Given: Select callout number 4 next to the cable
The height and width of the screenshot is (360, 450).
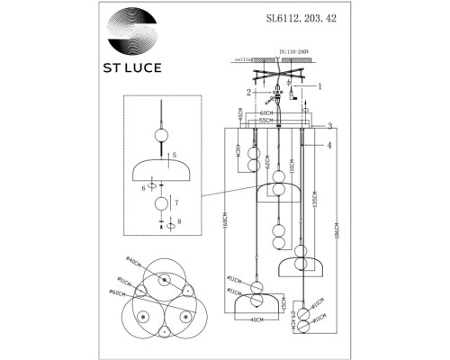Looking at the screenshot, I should click(330, 144).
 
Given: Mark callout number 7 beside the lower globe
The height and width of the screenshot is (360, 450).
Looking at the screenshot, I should click(176, 204).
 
